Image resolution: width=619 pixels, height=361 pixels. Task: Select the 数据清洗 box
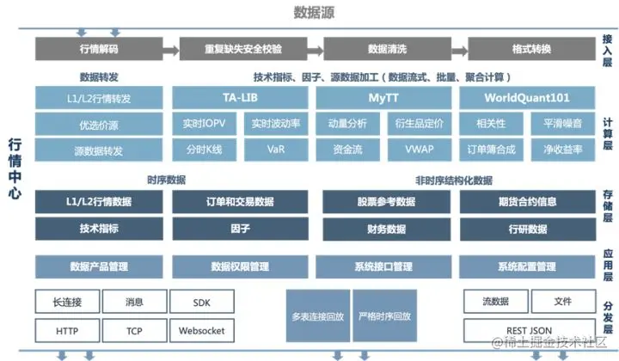point(386,49)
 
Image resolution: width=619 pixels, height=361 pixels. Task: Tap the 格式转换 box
point(530,49)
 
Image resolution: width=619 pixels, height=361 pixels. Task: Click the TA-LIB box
point(240,97)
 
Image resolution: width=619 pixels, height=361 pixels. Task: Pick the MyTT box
point(384,97)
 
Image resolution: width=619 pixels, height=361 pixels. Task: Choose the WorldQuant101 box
point(527,97)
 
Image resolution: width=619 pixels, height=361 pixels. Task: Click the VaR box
point(276,150)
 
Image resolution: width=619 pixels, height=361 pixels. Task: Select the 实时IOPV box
point(203,124)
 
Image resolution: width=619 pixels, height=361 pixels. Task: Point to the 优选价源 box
point(100,124)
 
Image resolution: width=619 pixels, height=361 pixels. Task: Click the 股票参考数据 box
point(386,202)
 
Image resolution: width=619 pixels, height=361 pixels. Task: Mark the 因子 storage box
point(240,229)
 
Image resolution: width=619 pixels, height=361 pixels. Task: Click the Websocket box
point(203,330)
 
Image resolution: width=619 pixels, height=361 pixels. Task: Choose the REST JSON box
point(529,330)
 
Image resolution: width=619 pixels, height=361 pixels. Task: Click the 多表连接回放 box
point(318,316)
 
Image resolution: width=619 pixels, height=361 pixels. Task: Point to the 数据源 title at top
point(314,12)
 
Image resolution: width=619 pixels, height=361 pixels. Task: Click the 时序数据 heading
point(166,180)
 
